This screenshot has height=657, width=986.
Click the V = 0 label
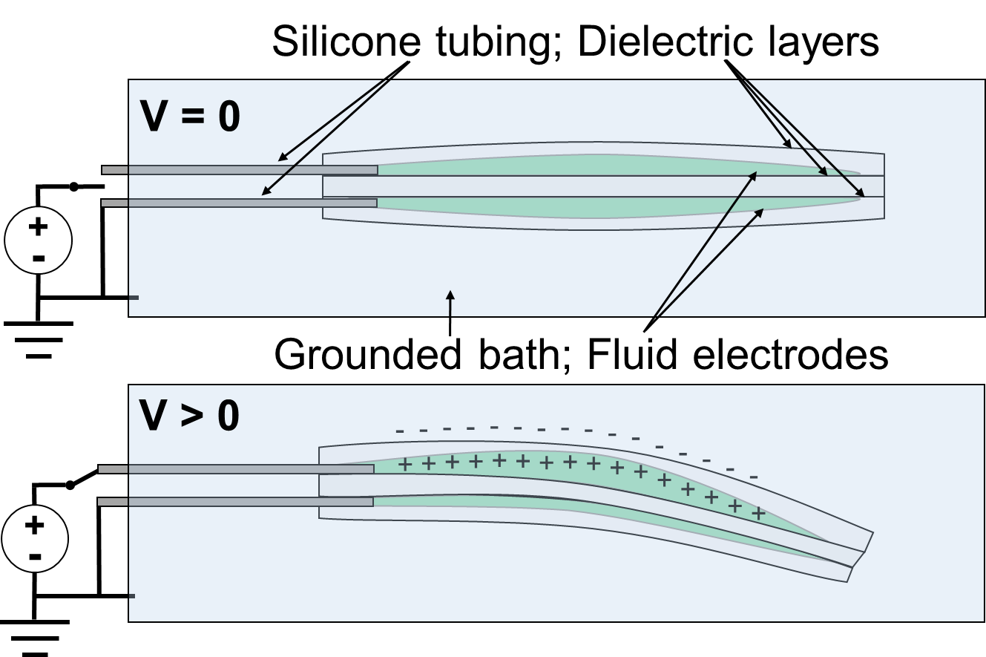[x=190, y=117]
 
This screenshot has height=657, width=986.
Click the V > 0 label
[x=189, y=416]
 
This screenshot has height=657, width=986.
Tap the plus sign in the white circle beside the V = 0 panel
[x=38, y=226]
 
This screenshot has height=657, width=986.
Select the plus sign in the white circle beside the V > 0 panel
[x=34, y=525]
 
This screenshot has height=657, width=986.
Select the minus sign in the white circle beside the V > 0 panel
[x=34, y=556]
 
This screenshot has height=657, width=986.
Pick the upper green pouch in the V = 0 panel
[x=594, y=165]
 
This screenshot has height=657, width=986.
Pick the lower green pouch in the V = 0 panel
[x=594, y=207]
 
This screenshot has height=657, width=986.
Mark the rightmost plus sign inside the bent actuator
[x=758, y=513]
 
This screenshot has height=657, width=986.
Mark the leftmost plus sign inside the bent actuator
[x=405, y=465]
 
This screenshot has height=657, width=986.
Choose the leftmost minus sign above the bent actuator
[x=400, y=431]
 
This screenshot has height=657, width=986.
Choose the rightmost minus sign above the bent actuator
[x=754, y=477]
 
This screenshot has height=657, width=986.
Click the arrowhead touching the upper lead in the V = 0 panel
[x=281, y=158]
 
